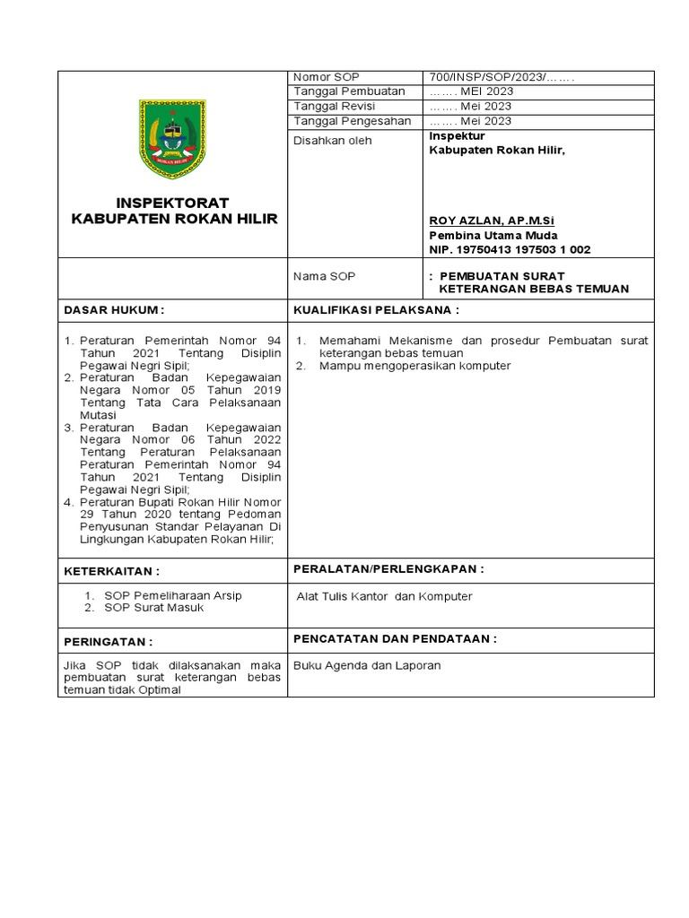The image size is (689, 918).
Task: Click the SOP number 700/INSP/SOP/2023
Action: pos(502,79)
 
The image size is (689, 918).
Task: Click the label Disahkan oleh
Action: pos(332,140)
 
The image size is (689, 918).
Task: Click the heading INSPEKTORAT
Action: pos(175,203)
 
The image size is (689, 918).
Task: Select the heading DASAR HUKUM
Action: pos(114,310)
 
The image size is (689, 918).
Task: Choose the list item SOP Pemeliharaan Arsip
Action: pos(173,595)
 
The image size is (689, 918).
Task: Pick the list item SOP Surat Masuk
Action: pos(153,608)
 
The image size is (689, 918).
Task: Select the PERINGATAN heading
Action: pos(109,641)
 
